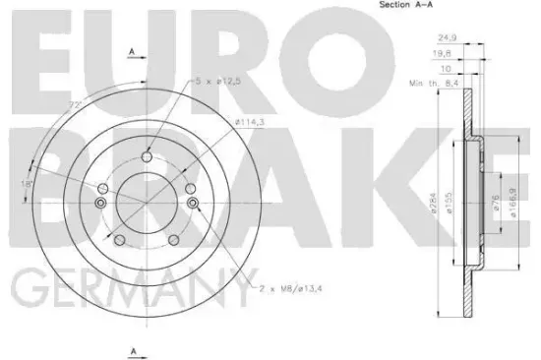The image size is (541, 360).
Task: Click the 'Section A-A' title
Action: click(406, 7)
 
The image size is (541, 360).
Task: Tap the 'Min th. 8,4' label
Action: click(433, 86)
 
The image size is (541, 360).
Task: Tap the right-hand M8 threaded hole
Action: click(193, 205)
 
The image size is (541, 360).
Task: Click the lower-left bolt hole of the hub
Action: click(118, 241)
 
